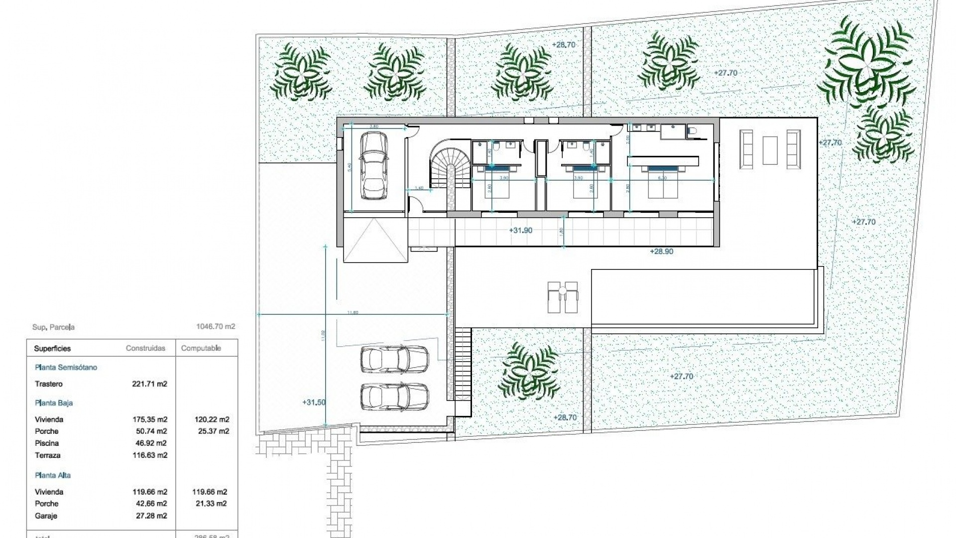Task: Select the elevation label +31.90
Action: coord(521,230)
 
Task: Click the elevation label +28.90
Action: coord(661,252)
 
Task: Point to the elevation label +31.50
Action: coord(314,402)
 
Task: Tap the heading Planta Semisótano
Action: coord(66,368)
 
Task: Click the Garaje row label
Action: coord(46,516)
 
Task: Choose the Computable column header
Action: coord(201,348)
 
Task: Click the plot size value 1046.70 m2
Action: coord(216,327)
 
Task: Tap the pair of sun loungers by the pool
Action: coord(563,297)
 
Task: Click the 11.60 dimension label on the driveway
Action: coord(353,312)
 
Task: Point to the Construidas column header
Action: coord(145,348)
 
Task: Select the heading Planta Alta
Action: coord(53,475)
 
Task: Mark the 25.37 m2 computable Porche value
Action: coord(212,431)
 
